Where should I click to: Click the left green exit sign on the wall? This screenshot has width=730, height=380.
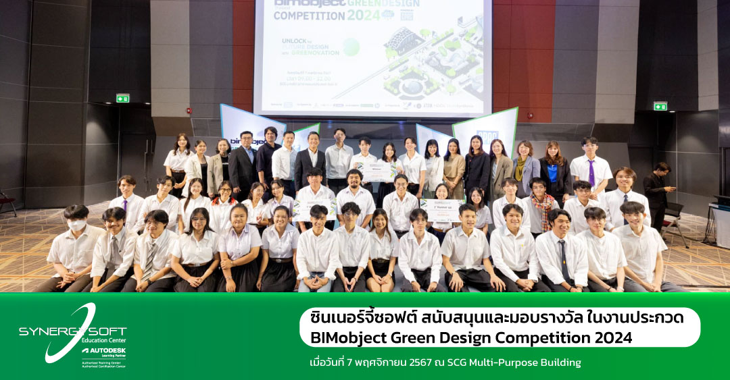pyautogui.click(x=122, y=99)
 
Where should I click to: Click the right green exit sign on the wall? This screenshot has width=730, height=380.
pyautogui.click(x=660, y=106)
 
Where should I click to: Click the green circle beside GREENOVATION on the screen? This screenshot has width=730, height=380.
pyautogui.click(x=351, y=47)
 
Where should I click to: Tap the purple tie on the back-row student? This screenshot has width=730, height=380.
pyautogui.click(x=591, y=173)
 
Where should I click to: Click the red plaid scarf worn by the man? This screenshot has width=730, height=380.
pyautogui.click(x=542, y=202)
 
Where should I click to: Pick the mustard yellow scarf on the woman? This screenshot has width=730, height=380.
pyautogui.click(x=520, y=169)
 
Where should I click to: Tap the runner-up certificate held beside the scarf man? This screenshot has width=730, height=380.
pyautogui.click(x=441, y=209)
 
